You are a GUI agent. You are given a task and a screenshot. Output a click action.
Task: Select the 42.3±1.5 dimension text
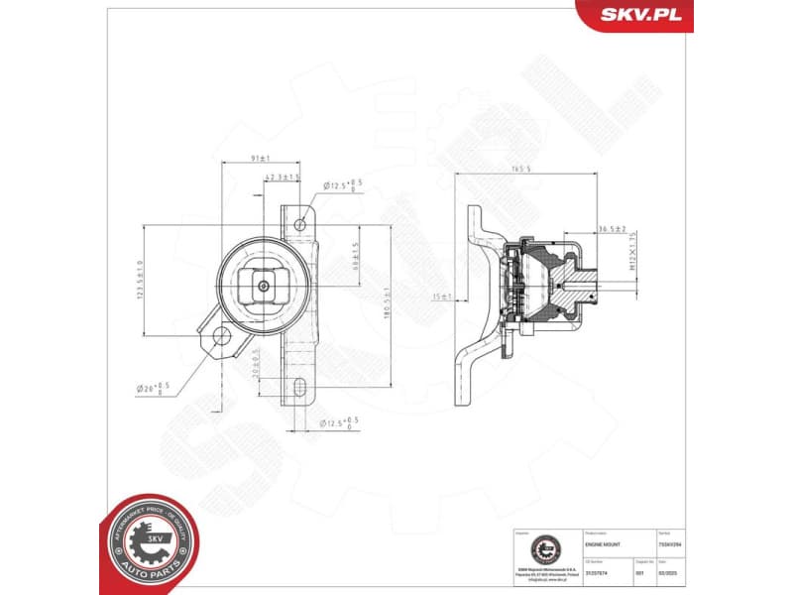[x=283, y=177]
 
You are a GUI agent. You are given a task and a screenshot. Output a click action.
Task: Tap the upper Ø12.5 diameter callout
[x=344, y=183]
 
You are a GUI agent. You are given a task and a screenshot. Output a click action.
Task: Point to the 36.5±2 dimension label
[x=611, y=229]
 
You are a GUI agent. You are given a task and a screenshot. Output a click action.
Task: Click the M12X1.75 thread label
[x=630, y=253]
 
